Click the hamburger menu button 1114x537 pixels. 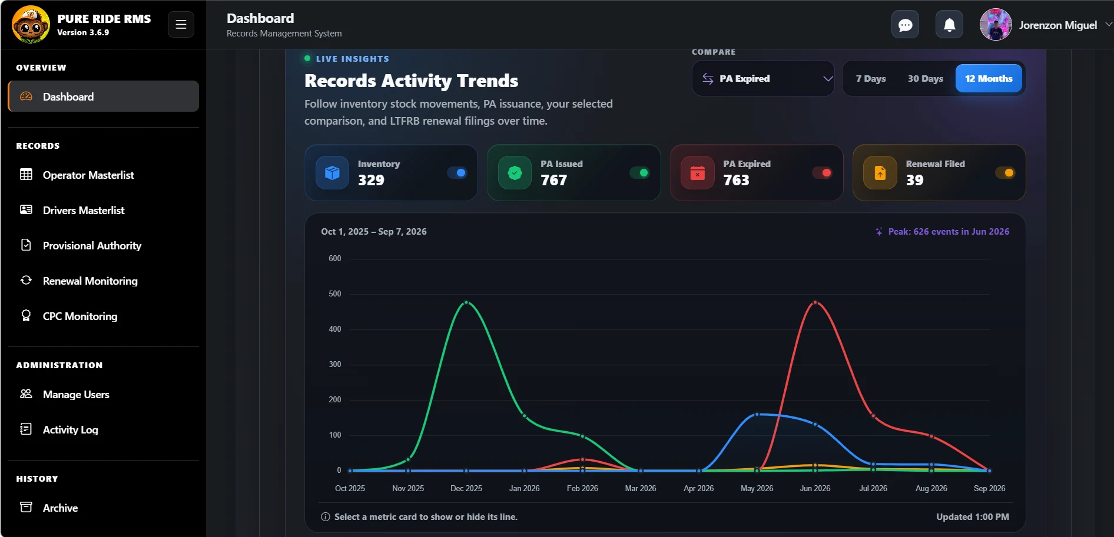point(181,25)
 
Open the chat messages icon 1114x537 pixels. point(905,25)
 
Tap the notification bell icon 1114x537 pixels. point(949,25)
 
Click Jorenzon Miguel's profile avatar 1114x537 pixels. point(996,25)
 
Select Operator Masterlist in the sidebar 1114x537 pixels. point(88,175)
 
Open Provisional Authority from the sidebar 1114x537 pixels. point(92,245)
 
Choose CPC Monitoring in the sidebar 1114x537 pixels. point(80,316)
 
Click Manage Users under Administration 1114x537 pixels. point(76,394)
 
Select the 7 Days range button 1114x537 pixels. point(871,78)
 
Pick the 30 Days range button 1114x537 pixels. point(926,78)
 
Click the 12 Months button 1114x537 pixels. point(989,78)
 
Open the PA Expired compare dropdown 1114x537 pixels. point(763,78)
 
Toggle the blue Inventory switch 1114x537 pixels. point(457,173)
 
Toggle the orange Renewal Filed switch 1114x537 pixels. point(1005,173)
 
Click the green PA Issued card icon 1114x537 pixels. point(515,173)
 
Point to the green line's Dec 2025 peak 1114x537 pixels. point(466,302)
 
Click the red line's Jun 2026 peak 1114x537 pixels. point(815,302)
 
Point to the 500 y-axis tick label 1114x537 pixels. point(335,293)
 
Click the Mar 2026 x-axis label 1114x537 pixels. point(641,488)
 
